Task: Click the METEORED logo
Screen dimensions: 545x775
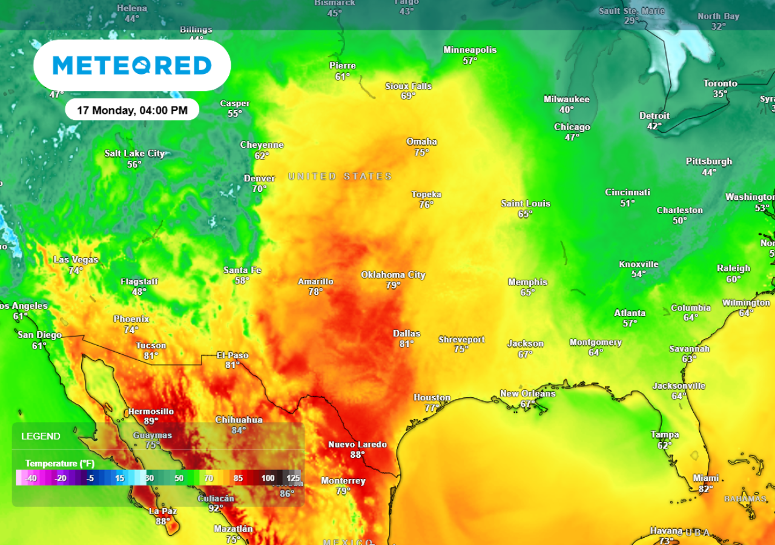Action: [132, 65]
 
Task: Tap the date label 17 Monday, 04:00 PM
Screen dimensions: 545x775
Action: [132, 110]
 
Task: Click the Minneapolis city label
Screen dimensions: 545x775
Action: [470, 50]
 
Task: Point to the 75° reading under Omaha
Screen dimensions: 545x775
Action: [421, 153]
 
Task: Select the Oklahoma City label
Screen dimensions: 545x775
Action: [393, 275]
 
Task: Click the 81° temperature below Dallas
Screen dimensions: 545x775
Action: [406, 344]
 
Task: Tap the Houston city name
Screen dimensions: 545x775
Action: [432, 398]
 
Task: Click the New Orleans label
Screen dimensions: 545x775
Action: [527, 394]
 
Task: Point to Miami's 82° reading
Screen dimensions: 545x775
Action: [706, 489]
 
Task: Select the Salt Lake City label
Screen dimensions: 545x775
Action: [134, 154]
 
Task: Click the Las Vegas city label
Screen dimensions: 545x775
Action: [76, 260]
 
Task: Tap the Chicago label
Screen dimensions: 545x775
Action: [572, 127]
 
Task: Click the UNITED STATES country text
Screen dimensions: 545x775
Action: [340, 176]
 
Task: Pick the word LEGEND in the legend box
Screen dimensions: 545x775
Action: [41, 436]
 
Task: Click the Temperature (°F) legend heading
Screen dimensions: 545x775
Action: [60, 463]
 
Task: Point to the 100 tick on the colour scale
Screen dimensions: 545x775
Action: [268, 478]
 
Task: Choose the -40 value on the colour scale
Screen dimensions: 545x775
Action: [31, 478]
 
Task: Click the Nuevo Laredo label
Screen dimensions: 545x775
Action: [357, 444]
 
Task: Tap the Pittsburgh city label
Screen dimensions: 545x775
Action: [709, 162]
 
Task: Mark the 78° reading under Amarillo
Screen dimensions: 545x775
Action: [315, 291]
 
